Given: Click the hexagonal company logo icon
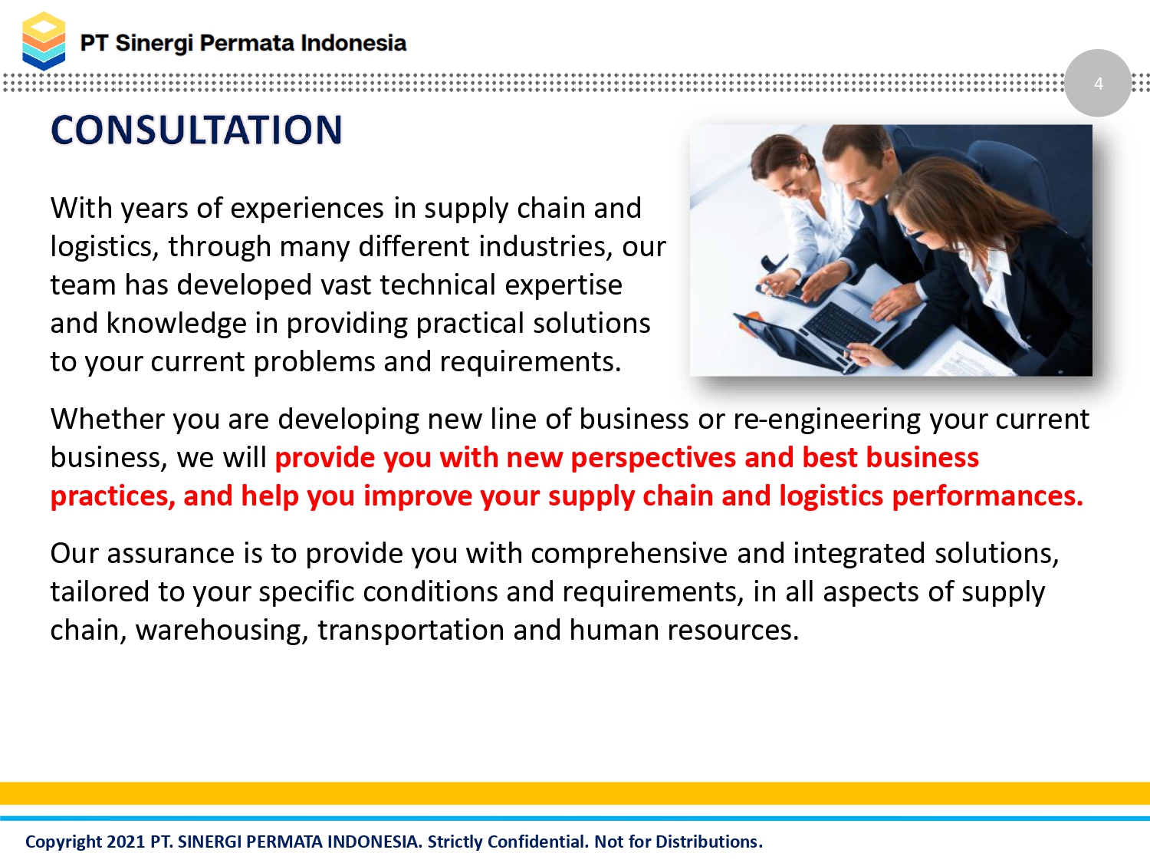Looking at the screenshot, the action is [x=44, y=41].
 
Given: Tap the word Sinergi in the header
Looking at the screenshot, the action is [x=154, y=44].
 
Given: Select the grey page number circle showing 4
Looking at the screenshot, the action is [x=1098, y=83].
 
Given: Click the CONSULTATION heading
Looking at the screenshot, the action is [x=196, y=130].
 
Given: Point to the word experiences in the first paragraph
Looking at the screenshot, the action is [x=307, y=209].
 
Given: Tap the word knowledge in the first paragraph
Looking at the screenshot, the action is [x=176, y=323].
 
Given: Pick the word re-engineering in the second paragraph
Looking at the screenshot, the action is [x=826, y=420].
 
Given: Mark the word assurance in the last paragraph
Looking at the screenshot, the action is [x=171, y=553].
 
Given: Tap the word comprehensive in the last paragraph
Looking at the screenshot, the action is [x=629, y=554].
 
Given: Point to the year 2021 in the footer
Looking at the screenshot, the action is [x=126, y=842].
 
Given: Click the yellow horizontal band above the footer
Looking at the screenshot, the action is [x=575, y=793].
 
